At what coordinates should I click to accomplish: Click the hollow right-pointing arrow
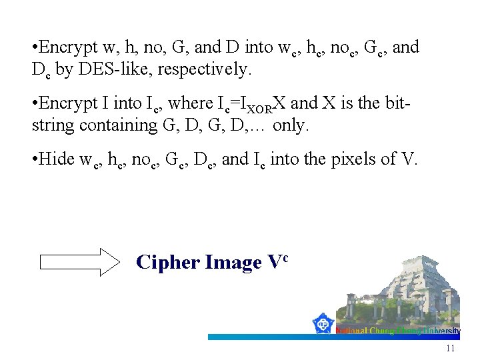pos(79,262)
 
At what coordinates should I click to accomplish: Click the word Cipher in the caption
pos(160,263)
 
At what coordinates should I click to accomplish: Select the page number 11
pos(450,349)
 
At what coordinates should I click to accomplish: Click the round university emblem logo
pos(324,324)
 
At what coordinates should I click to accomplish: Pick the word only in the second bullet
pos(291,125)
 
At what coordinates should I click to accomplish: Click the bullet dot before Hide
pos(34,159)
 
